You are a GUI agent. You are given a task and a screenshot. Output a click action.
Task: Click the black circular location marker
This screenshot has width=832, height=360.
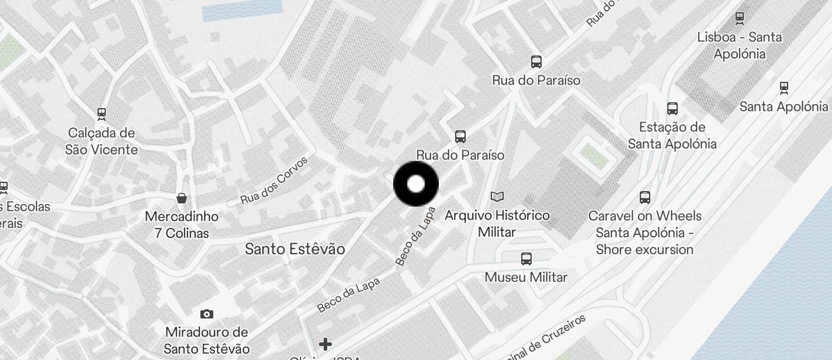point(416,184)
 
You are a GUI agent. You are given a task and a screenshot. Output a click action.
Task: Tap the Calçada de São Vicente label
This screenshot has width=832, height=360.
point(102,141)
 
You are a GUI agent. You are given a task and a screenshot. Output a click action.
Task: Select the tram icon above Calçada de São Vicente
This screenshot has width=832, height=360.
point(102,113)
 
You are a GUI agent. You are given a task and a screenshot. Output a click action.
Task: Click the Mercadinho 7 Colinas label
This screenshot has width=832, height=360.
point(182,224)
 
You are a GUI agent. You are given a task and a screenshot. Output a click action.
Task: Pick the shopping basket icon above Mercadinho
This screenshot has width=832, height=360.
point(182,198)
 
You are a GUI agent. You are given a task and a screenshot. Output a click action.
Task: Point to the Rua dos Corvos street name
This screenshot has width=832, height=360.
point(273,180)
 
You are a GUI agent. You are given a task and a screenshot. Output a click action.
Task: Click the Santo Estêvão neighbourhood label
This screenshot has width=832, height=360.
point(294,249)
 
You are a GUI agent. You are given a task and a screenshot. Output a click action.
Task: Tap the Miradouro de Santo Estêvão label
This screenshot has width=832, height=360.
point(207,340)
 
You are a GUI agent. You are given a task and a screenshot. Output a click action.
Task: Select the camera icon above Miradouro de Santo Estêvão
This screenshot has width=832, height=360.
point(207,314)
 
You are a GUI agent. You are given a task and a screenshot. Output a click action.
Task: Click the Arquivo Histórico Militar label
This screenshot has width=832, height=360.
point(497,223)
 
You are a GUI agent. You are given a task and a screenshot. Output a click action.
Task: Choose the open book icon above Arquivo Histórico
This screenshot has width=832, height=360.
point(497,197)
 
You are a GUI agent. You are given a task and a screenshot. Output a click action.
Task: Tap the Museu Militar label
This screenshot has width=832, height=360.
point(526,277)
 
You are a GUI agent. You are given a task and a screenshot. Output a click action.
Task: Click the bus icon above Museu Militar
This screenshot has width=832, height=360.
point(526,258)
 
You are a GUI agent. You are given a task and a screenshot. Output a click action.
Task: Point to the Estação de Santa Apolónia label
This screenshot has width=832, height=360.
point(672,135)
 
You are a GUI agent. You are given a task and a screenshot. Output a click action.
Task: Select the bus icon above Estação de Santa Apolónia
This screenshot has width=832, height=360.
point(672,109)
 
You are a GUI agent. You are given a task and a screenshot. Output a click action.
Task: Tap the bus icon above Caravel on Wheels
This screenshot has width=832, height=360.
point(645,198)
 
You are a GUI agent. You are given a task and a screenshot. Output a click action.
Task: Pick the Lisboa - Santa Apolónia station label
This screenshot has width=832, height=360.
point(739,45)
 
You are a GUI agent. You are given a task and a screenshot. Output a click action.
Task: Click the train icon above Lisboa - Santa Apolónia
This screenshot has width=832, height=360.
point(740,18)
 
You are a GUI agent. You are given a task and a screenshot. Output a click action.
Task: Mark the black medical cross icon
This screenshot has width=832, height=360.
point(325,344)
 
